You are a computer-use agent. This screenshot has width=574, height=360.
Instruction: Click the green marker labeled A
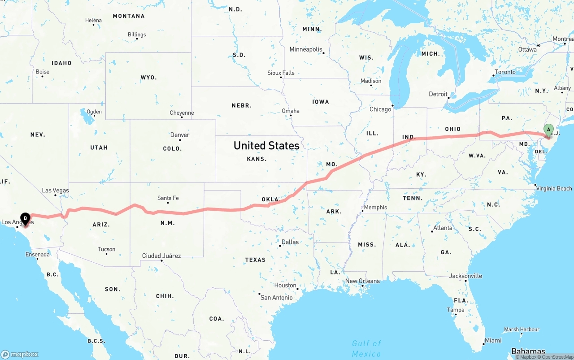pyautogui.click(x=548, y=130)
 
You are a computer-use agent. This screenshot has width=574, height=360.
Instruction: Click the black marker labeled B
pyautogui.click(x=26, y=218)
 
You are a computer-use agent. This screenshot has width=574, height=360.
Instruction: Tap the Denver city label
pyautogui.click(x=180, y=134)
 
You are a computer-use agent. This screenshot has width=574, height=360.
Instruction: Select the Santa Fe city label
pyautogui.click(x=168, y=198)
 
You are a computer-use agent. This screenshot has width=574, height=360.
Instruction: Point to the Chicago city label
pyautogui.click(x=380, y=109)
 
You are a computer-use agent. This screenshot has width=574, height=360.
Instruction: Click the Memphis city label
pyautogui.click(x=375, y=207)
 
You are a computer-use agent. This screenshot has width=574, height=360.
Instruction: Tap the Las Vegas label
pyautogui.click(x=56, y=190)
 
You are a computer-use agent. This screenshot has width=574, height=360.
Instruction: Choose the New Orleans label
pyautogui.click(x=362, y=281)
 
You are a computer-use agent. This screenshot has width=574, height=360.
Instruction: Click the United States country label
pyautogui.click(x=266, y=145)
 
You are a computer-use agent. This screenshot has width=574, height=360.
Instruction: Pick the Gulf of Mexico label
pyautogui.click(x=366, y=348)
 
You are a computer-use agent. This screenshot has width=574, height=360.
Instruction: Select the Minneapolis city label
pyautogui.click(x=306, y=49)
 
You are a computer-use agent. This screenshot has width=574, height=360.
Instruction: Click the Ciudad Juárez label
pyautogui.click(x=161, y=256)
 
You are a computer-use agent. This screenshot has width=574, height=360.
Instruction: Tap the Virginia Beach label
pyautogui.click(x=554, y=188)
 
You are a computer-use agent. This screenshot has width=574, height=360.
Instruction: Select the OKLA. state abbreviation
pyautogui.click(x=271, y=199)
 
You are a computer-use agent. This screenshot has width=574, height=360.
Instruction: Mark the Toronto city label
pyautogui.click(x=505, y=72)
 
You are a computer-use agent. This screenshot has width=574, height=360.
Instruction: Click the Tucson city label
pyautogui.click(x=106, y=249)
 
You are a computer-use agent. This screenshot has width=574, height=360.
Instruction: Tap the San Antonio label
pyautogui.click(x=277, y=297)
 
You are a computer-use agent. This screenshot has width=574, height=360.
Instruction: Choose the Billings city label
pyautogui.click(x=137, y=35)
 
